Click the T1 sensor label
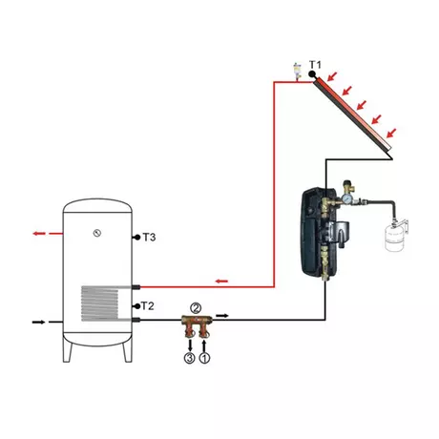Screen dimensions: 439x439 pos(315,65)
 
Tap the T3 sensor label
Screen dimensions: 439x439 pos(149,238)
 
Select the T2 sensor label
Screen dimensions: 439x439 pos(147,306)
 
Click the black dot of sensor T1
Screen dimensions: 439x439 pos(312,74)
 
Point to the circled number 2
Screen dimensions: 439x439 pos(196,308)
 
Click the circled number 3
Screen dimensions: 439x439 pos(189,358)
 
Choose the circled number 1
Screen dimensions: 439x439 pos(204,358)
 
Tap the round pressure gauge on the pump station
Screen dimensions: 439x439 pos(346,200)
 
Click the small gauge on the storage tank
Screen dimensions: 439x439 pos(97,233)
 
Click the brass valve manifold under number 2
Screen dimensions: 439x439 pos(197,325)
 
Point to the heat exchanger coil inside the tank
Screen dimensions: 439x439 pos(99,303)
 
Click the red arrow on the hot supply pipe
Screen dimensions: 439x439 pos(221,282)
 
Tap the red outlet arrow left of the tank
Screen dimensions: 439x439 pos(39,234)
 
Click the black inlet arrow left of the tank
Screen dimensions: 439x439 pos(39,322)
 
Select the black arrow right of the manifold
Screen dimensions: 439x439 pos(222,316)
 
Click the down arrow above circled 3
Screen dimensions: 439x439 pos(190,345)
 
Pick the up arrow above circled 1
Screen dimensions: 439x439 pos(204,345)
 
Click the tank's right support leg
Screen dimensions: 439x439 pos(127,350)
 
